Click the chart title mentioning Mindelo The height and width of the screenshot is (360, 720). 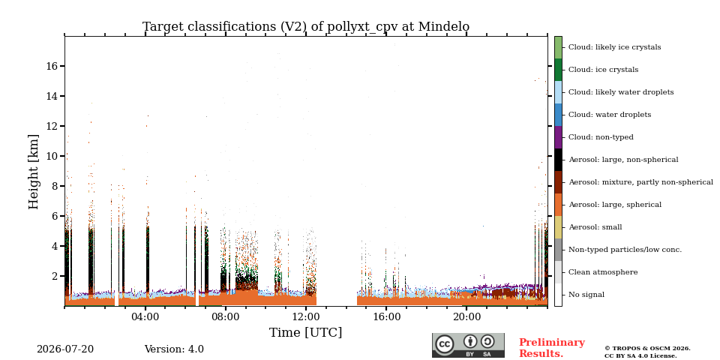coord(306,27)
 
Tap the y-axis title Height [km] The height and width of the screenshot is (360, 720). coord(34,172)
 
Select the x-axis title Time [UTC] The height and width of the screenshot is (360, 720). coord(306,332)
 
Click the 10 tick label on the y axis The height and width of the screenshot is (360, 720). coord(52,156)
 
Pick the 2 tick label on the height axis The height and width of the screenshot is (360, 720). coord(55,277)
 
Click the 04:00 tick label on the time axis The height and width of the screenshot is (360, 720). coord(145,317)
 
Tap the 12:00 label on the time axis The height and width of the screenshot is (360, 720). coord(306,317)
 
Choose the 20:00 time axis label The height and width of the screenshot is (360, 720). coord(466,317)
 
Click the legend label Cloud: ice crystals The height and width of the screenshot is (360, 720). coord(603,70)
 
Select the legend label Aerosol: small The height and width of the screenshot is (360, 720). coord(595,227)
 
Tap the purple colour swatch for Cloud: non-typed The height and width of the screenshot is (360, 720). coord(558,137)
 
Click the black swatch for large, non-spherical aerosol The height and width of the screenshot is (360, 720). coord(558,160)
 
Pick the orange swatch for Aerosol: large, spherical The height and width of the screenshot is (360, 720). coord(558,205)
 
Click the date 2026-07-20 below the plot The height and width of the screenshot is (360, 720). coord(65,349)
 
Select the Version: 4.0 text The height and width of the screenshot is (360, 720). coord(174,349)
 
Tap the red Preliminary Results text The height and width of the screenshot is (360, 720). coord(552,348)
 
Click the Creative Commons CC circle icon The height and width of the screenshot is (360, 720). coord(444,344)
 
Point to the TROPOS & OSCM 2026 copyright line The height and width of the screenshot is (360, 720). coord(647,349)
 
